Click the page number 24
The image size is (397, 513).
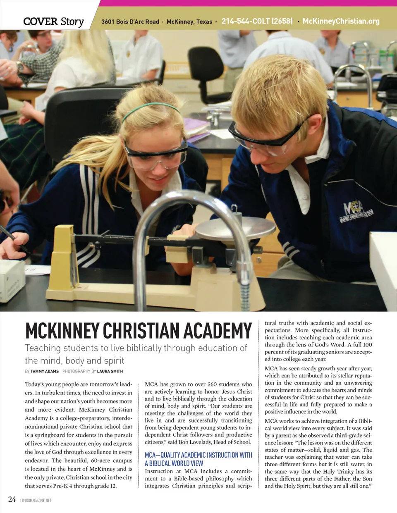point(12,499)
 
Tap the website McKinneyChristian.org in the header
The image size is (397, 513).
point(341,21)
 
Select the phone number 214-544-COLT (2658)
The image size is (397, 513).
point(257,21)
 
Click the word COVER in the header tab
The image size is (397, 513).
point(40,21)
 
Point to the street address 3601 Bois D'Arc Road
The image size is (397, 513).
point(130,21)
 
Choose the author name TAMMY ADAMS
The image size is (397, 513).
point(45,371)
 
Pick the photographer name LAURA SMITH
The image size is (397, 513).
point(110,371)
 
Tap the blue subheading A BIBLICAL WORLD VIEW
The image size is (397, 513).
point(174,463)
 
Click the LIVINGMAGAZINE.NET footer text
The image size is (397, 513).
point(36,501)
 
